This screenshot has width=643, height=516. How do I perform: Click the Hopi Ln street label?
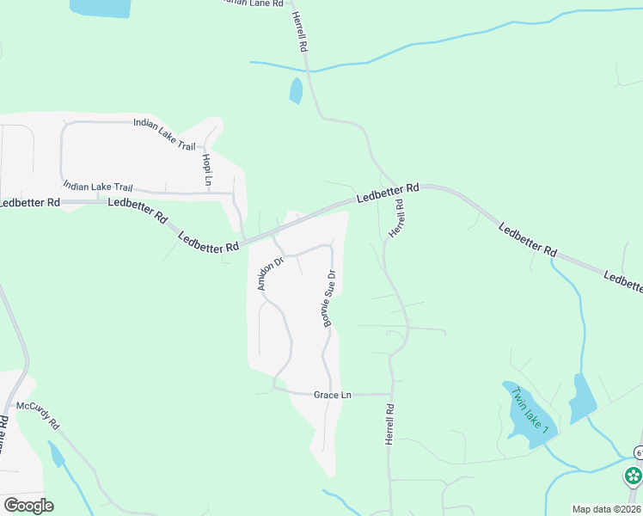207,169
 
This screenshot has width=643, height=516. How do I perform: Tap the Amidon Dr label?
266,274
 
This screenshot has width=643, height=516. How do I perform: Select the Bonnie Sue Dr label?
328,298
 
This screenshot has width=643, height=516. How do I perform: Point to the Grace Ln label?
333,395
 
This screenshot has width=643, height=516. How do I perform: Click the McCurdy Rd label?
37,413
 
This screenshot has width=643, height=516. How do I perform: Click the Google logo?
28,506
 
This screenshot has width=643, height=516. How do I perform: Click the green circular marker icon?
634,476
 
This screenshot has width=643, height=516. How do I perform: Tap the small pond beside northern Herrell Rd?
297,90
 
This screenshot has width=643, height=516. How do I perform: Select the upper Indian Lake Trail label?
165,134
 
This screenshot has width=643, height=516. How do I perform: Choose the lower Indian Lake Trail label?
98,187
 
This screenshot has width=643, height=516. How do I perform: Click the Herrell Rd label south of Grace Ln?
389,425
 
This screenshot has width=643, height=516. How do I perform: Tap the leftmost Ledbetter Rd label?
30,203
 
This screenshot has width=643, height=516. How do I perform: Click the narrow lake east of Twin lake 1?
583,397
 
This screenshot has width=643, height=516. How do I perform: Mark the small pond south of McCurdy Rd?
57,454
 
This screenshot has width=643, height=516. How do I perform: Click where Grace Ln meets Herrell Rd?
391,394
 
